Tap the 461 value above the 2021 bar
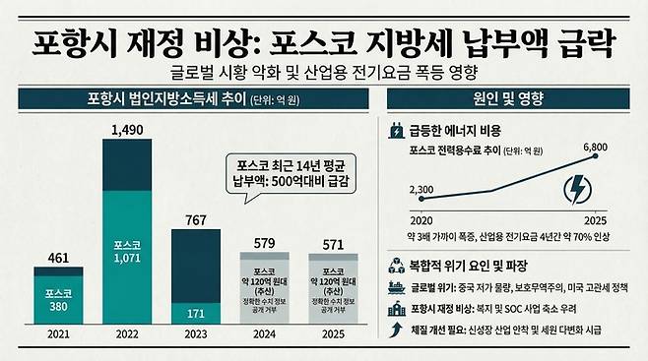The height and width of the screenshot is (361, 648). point(64,259)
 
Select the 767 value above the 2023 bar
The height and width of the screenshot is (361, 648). point(196,219)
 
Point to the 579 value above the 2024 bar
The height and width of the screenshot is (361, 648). point(264,241)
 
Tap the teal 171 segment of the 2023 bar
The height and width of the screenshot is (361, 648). point(196,314)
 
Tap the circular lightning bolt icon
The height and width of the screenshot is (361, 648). point(579,189)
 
